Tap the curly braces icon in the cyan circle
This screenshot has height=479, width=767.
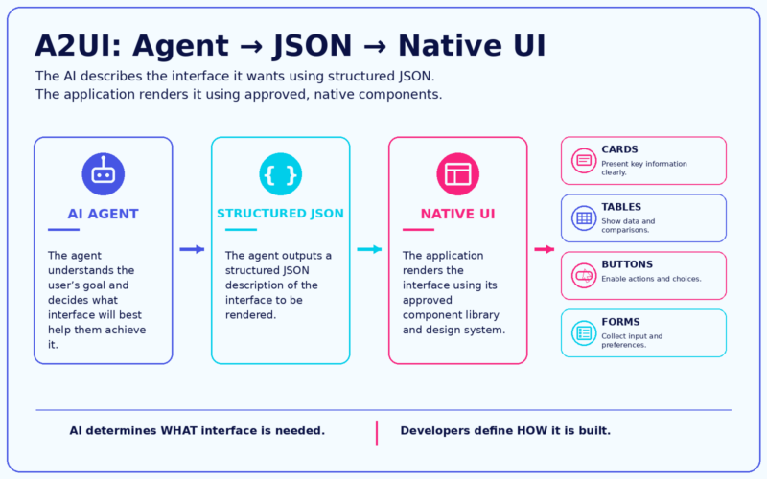(x=280, y=174)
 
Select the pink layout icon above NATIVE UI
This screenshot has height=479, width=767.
(x=458, y=174)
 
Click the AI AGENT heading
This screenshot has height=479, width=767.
(x=104, y=214)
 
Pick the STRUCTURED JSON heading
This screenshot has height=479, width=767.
(x=280, y=214)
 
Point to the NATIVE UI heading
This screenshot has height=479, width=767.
(x=458, y=214)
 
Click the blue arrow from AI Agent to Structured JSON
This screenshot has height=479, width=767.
(x=192, y=249)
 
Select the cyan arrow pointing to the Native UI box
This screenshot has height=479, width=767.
(x=369, y=249)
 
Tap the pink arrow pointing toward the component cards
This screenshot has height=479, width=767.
(x=545, y=249)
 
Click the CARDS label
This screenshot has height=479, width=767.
(x=619, y=149)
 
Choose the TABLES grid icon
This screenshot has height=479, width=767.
(x=584, y=218)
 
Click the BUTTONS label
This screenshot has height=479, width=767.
(x=627, y=264)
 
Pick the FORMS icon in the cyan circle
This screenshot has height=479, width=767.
(x=584, y=333)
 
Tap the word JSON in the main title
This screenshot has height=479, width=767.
(x=313, y=46)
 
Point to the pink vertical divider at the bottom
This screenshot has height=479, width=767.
(x=377, y=433)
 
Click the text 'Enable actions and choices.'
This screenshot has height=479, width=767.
(x=651, y=279)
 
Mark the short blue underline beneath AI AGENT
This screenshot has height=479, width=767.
(x=63, y=229)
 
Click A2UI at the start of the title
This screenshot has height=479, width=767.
(x=78, y=46)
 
